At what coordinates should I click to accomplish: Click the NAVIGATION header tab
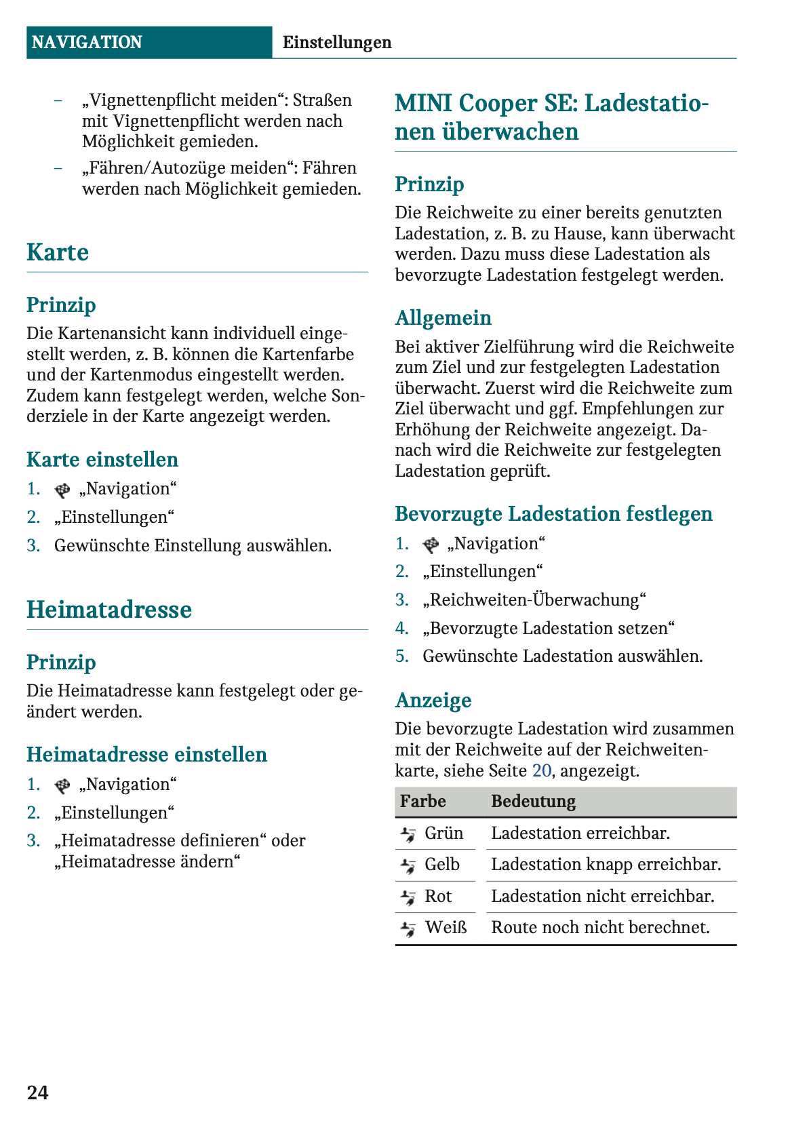pyautogui.click(x=87, y=43)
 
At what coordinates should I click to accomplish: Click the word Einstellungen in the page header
pyautogui.click(x=337, y=43)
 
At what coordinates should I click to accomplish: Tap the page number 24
pyautogui.click(x=38, y=1093)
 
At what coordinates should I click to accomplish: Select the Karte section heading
pyautogui.click(x=58, y=252)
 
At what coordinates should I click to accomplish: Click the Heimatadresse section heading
pyautogui.click(x=109, y=610)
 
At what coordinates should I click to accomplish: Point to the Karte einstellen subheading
pyautogui.click(x=102, y=460)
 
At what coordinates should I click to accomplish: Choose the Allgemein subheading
pyautogui.click(x=443, y=318)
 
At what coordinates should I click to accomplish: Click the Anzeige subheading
pyautogui.click(x=433, y=701)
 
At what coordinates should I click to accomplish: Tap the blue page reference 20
pyautogui.click(x=542, y=770)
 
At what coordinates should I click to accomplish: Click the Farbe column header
pyautogui.click(x=423, y=802)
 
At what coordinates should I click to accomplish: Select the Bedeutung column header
pyautogui.click(x=534, y=802)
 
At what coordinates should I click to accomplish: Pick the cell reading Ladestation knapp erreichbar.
pyautogui.click(x=606, y=865)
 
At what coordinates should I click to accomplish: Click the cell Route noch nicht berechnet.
pyautogui.click(x=600, y=928)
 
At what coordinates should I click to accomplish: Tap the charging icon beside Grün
pyautogui.click(x=408, y=834)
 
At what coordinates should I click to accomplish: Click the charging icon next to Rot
pyautogui.click(x=408, y=897)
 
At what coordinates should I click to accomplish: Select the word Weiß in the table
pyautogui.click(x=446, y=928)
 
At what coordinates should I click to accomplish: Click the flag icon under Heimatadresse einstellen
pyautogui.click(x=62, y=785)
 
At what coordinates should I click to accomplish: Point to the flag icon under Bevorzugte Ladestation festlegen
pyautogui.click(x=431, y=545)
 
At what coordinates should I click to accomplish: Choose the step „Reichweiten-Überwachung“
pyautogui.click(x=534, y=600)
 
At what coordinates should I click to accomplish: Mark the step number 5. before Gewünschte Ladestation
pyautogui.click(x=403, y=656)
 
